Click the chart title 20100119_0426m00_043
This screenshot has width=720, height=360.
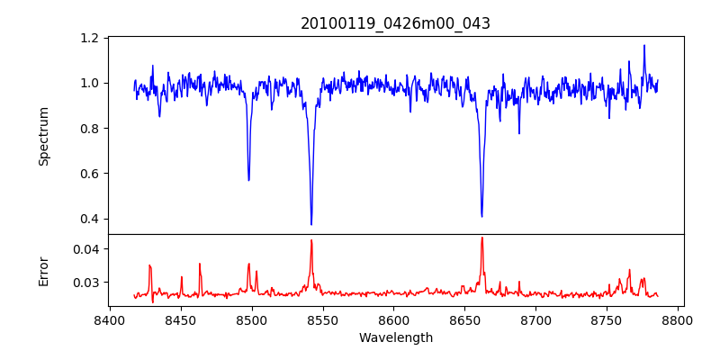click(395, 23)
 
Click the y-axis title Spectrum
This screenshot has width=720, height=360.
click(43, 136)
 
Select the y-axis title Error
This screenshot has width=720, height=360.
click(43, 270)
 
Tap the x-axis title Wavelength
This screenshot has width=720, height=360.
click(395, 338)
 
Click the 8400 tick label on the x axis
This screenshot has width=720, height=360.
click(110, 320)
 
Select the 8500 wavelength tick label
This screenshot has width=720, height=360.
click(252, 320)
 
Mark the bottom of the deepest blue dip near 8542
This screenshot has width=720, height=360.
click(311, 224)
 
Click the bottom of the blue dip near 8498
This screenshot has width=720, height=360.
click(249, 180)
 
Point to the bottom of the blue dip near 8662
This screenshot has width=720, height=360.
click(481, 216)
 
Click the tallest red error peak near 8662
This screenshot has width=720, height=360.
click(481, 238)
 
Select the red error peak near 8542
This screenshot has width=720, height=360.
click(311, 240)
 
